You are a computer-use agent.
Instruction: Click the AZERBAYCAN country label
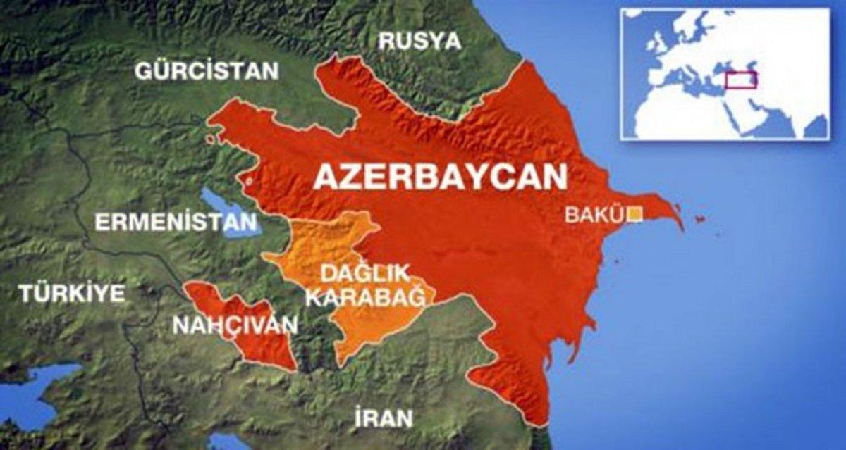coord(440,177)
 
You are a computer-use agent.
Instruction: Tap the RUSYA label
coord(419,41)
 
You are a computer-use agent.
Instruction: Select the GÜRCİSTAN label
coord(207,71)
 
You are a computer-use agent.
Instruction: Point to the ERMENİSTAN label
coord(176,223)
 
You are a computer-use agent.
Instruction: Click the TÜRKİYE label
coord(72,293)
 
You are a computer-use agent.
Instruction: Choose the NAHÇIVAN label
coord(235,325)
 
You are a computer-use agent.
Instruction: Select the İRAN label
coord(384,418)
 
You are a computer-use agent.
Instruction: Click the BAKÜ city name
coord(595,214)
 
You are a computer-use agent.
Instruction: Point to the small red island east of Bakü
coord(699,220)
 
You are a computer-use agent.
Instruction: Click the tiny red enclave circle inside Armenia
coord(249,182)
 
